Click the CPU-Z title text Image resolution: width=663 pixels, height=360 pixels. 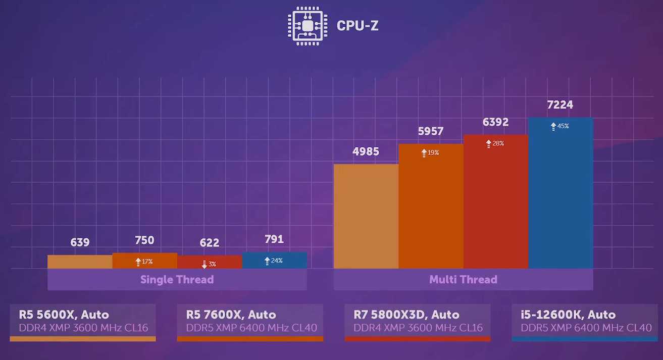(358, 25)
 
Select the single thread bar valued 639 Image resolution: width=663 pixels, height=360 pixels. (80, 262)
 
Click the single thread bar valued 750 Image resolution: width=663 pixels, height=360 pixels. (144, 261)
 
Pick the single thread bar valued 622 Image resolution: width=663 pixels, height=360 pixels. (210, 262)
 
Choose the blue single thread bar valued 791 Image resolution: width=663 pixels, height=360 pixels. (274, 260)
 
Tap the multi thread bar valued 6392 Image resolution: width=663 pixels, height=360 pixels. (495, 201)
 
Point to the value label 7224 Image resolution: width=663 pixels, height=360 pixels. (560, 105)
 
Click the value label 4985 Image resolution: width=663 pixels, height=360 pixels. (366, 151)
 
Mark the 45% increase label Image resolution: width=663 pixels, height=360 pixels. (559, 126)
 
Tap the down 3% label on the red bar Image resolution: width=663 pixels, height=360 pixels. (209, 264)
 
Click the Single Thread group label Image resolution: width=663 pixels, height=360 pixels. (177, 280)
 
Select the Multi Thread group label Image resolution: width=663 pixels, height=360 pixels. (463, 280)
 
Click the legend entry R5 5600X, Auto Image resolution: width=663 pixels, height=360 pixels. (64, 315)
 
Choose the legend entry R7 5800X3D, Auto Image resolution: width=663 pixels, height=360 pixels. (406, 315)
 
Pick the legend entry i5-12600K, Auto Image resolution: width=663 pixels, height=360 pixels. (568, 315)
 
